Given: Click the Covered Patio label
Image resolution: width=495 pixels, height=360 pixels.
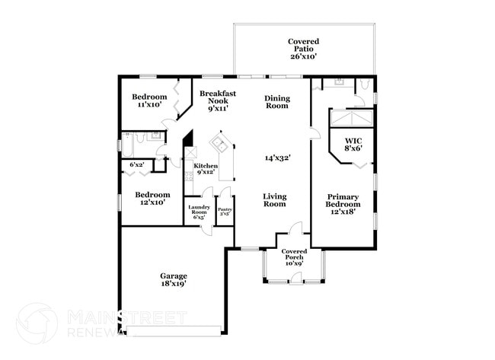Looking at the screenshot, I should (303, 49).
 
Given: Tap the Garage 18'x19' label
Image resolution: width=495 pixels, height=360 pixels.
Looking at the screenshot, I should (173, 279).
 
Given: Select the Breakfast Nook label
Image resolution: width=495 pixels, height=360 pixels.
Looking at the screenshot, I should (218, 100).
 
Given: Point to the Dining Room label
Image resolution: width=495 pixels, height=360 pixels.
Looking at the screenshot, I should (276, 102).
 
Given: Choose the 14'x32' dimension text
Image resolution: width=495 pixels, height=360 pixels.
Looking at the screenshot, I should (277, 158).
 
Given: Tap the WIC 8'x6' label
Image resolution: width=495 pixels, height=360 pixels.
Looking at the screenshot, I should (353, 145).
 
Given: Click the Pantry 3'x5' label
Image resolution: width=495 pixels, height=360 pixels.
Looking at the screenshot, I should (225, 211).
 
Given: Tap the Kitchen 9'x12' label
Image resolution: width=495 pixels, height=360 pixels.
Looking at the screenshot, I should (206, 169).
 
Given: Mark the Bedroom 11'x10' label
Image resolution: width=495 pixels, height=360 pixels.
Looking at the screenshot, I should (148, 100).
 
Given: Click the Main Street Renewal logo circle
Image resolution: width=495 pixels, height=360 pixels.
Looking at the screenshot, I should (37, 324).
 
